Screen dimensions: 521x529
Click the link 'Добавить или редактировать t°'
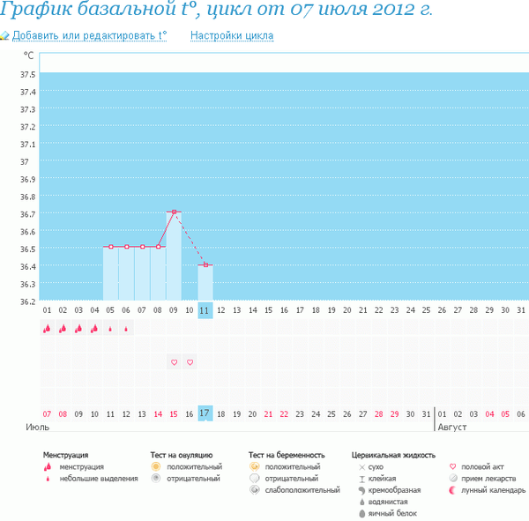pos(88,36)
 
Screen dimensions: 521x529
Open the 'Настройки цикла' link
pos(232,36)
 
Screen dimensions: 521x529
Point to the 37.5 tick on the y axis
pos(26,73)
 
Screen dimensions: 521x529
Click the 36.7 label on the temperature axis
pos(26,214)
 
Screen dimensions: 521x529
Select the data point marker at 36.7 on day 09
pos(174,212)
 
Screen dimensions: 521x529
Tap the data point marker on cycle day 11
pos(205,264)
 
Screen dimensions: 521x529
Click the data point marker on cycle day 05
pos(110,247)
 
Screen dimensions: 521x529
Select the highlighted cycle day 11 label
pos(205,310)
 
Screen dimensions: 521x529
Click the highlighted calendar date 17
pos(205,413)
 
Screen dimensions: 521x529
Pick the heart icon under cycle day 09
pos(174,362)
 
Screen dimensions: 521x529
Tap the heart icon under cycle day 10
pos(190,362)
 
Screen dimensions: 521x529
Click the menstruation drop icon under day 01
pos(47,329)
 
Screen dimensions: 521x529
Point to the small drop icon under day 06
pos(126,330)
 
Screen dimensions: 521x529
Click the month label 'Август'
pos(452,426)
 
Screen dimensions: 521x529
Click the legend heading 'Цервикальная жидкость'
pos(393,455)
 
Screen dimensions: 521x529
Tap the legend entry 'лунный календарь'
pos(494,490)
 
